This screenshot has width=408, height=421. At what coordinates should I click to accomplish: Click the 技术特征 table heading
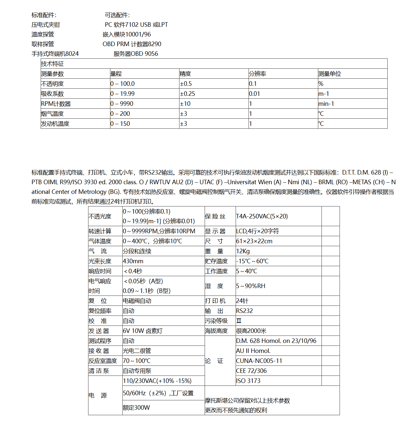[x=53, y=64]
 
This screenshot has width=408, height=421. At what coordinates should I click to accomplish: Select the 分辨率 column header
[x=258, y=74]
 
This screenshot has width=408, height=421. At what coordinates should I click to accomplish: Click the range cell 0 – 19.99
[x=122, y=94]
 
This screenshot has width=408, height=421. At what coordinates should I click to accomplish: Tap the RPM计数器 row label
[x=56, y=104]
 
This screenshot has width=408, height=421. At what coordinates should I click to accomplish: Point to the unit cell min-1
[x=326, y=104]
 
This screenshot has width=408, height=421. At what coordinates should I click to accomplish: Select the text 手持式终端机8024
[x=55, y=54]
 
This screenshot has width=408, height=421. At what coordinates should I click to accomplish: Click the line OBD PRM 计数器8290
[x=132, y=44]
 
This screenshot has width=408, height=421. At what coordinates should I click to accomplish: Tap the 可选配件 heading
[x=117, y=15]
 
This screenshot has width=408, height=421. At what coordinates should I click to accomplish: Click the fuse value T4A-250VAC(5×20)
[x=262, y=216]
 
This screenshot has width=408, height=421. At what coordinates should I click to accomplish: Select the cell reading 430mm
[x=133, y=261]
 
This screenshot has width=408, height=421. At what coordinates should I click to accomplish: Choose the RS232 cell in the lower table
[x=244, y=311]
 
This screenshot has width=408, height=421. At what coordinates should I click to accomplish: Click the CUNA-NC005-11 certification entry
[x=259, y=361]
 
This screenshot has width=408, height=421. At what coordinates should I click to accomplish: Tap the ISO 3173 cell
[x=248, y=381]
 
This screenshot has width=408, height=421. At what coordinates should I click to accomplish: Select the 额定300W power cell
[x=136, y=408]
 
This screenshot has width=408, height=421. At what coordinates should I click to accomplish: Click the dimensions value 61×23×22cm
[x=254, y=241]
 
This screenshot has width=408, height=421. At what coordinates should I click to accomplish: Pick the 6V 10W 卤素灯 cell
[x=142, y=331]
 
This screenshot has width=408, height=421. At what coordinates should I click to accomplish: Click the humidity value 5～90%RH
[x=250, y=286]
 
